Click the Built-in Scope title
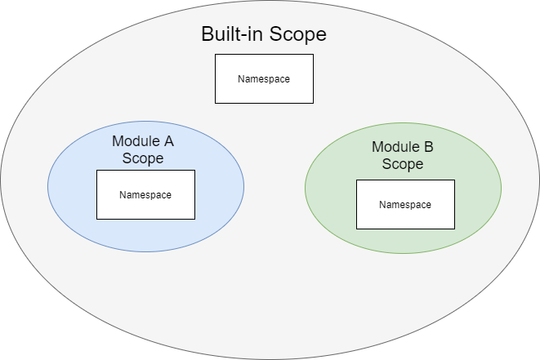(263, 35)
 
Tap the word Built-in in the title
(230, 35)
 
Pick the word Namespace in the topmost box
(264, 79)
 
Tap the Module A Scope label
(143, 149)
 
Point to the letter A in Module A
(168, 140)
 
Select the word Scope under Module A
(143, 158)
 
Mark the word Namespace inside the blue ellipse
(145, 195)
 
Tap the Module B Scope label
(403, 155)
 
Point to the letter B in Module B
(429, 147)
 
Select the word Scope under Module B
(403, 164)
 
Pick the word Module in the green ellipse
(395, 147)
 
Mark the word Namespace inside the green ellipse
(405, 205)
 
